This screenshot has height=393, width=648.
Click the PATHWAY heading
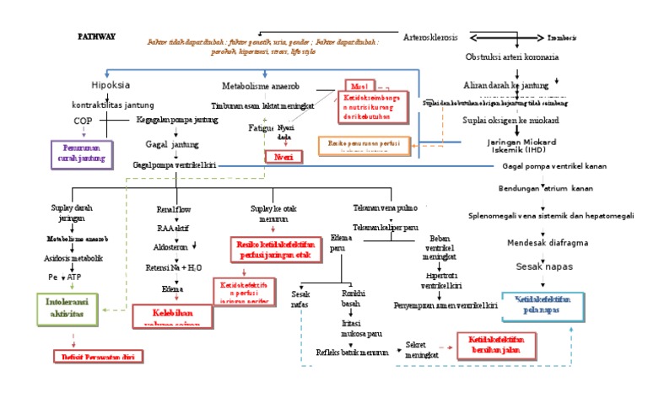pos(96,37)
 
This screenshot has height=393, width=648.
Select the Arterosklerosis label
pos(433,37)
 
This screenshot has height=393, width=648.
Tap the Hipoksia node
pos(110,85)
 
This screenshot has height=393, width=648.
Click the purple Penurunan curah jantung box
pos(82,153)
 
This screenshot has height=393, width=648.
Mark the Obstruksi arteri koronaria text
pos(512,57)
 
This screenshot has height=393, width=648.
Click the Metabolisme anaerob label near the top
pos(261,86)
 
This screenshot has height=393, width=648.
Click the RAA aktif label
pos(173,228)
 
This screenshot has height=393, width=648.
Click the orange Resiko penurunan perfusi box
pos(364,144)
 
